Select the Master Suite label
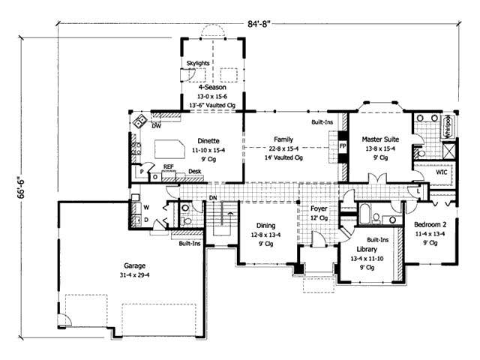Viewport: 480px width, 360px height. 380,139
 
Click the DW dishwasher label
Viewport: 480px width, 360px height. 157,127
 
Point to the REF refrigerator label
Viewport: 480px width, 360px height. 169,166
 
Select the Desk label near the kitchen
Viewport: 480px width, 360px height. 194,172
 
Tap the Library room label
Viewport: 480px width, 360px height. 367,249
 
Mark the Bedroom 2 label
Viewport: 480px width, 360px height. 432,223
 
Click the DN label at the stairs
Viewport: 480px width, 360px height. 212,198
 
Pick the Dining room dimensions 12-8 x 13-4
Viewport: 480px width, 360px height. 265,234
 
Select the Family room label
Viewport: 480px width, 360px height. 283,139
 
